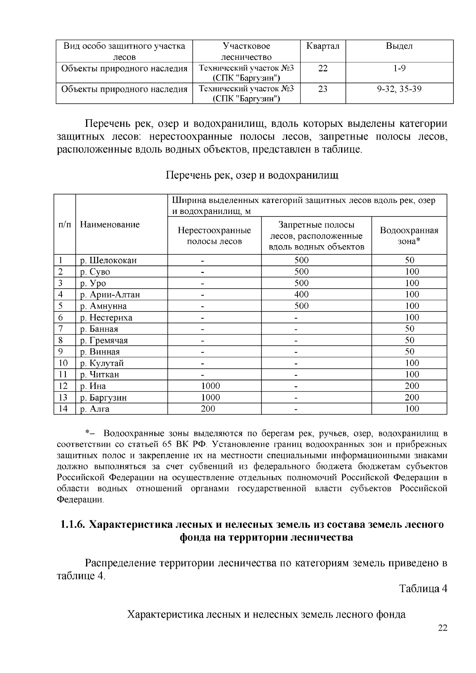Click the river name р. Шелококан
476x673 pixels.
pos(108,260)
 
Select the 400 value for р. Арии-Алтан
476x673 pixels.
pos(301,294)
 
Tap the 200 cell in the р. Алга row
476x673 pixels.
pos(208,409)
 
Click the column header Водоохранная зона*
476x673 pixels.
pos(409,236)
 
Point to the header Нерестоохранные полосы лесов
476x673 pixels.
pos(214,236)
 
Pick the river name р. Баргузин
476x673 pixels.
pos(104,398)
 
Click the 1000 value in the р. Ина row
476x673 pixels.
pos(210,386)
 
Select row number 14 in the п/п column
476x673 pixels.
pos(63,409)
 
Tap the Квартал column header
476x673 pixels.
pos(323,46)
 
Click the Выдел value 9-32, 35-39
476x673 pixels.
pos(399,89)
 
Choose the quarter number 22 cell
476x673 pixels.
pos(323,68)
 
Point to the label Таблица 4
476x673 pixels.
pos(423,589)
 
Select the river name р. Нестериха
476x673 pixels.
pos(106,317)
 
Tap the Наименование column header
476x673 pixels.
pos(110,225)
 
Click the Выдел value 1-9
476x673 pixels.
pos(399,68)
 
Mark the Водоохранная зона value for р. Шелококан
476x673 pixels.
pos(409,260)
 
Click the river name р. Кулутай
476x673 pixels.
pos(102,363)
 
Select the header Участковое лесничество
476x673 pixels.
pos(246,52)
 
